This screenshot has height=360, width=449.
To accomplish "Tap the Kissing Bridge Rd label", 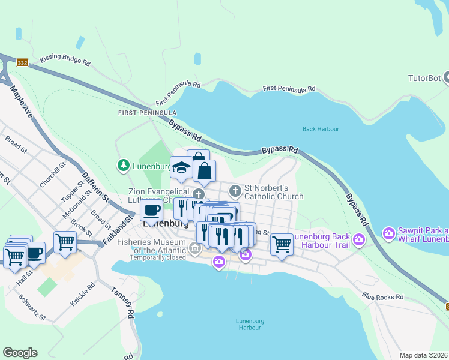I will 65,61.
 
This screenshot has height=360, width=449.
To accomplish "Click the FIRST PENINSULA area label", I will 147,113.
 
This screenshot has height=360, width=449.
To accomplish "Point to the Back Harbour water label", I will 321,129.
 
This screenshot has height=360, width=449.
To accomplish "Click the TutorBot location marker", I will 446,77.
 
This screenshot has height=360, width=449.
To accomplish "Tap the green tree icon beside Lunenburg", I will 123,165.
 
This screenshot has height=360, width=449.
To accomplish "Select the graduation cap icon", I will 181,169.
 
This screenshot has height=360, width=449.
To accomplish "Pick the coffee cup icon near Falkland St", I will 151,211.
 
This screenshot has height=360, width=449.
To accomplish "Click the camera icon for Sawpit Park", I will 389,232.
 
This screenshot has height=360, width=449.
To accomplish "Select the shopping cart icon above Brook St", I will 65,242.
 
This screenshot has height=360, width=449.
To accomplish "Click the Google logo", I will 20,353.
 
